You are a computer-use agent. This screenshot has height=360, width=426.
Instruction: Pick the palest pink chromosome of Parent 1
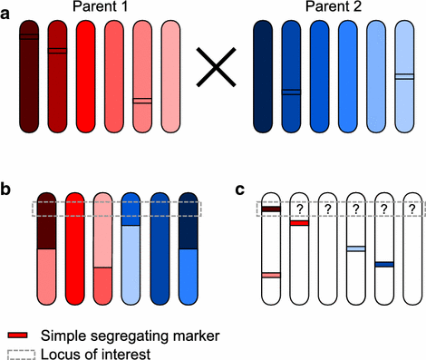(171, 77)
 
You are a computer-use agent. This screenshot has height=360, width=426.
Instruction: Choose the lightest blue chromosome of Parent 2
(405, 77)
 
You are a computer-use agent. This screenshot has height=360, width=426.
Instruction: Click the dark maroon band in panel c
(270, 210)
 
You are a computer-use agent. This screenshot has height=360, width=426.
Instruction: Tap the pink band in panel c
(270, 275)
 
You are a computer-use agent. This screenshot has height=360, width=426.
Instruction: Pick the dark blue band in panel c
(384, 264)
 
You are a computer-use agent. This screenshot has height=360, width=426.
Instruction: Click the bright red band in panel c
(299, 222)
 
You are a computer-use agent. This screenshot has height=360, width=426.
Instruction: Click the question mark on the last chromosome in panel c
(413, 209)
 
